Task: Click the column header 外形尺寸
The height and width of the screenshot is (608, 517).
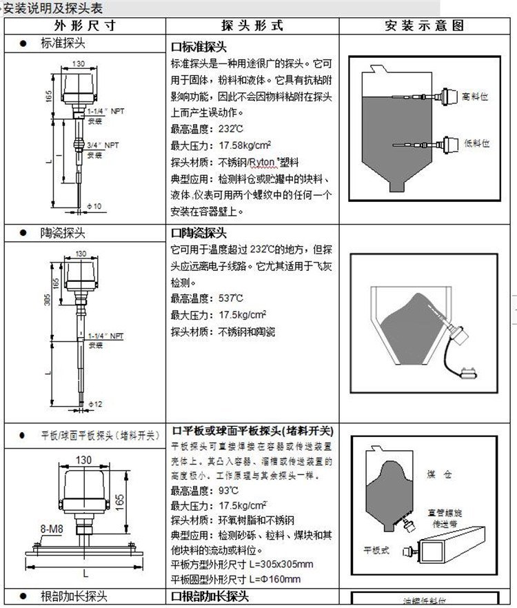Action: point(85,26)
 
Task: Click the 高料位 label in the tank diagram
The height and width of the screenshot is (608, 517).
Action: point(476,97)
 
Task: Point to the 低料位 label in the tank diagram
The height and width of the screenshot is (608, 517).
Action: point(476,143)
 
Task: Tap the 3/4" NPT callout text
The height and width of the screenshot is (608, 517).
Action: point(103,145)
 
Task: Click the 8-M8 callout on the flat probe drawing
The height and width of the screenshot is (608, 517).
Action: point(52,529)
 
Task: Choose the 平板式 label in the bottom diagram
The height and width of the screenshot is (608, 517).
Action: point(376,550)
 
